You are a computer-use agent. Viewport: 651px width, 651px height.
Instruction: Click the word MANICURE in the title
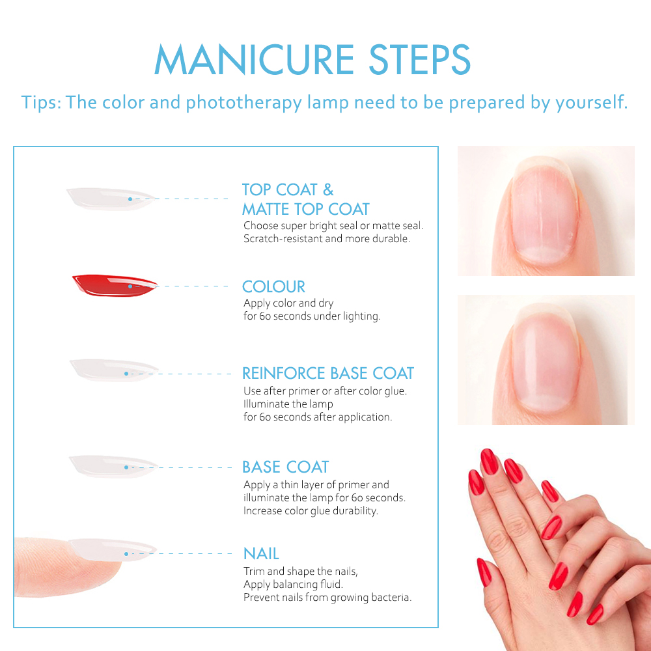(254, 60)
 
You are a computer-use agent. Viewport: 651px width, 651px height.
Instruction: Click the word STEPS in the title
(420, 60)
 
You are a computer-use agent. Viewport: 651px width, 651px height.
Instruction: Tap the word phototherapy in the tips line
(243, 103)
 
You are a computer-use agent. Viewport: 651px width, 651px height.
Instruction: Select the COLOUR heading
(273, 286)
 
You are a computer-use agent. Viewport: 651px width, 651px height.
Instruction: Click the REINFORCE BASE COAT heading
(328, 373)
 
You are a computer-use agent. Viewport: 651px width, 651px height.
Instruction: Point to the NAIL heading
(261, 553)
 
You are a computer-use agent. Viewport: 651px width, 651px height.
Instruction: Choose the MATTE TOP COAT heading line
(305, 209)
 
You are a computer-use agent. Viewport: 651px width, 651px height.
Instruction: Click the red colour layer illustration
(115, 285)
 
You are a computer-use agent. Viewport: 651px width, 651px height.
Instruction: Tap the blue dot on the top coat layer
(130, 199)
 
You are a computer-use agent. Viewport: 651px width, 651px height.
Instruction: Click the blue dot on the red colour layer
(130, 286)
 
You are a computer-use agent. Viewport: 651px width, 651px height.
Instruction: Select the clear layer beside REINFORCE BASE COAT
(114, 370)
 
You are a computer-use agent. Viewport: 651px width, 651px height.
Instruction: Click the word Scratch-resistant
(283, 239)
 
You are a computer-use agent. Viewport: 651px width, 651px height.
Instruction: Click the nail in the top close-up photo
(544, 211)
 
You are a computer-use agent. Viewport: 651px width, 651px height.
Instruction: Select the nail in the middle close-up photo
(545, 361)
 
